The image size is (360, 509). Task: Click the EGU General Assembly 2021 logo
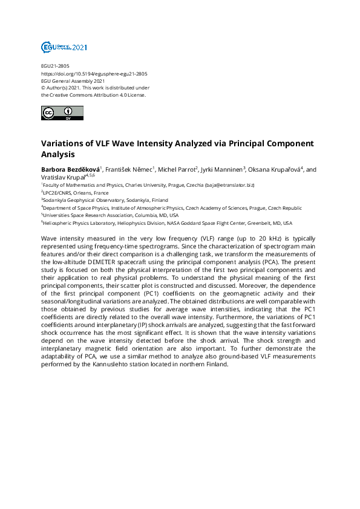(x=64, y=47)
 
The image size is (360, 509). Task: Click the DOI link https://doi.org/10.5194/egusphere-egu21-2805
(x=94, y=74)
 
